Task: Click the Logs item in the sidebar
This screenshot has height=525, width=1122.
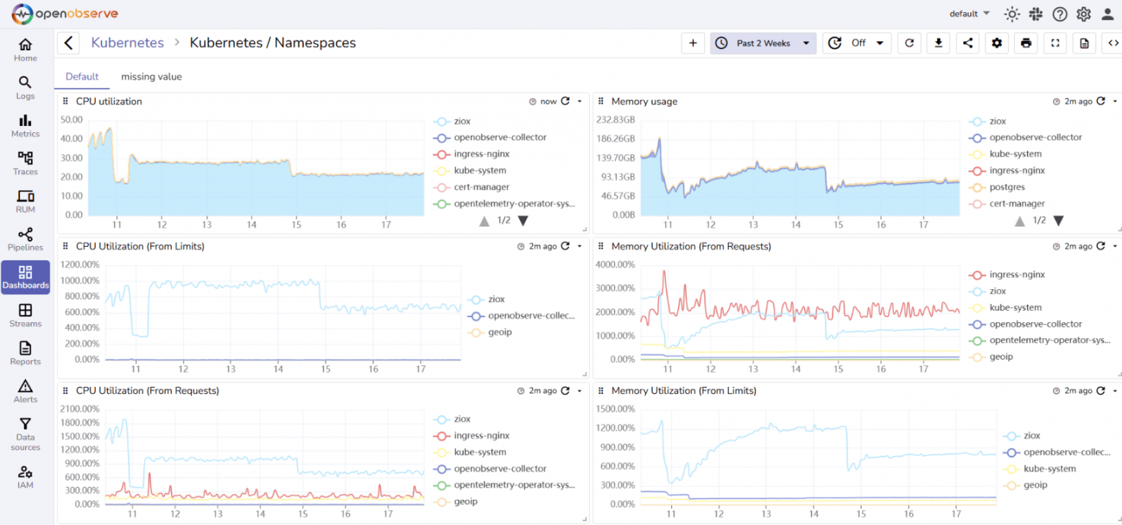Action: click(25, 88)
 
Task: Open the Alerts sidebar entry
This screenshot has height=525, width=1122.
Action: click(25, 391)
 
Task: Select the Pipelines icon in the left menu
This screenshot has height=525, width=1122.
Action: click(25, 239)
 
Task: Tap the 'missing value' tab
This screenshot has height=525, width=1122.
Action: click(151, 76)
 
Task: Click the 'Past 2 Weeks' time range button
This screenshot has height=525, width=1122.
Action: click(763, 43)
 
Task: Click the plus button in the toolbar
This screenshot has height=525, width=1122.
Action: click(693, 43)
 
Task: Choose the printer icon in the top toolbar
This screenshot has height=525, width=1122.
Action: click(1026, 43)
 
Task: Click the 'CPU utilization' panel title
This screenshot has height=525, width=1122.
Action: click(109, 101)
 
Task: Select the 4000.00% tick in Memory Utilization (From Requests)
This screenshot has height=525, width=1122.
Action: click(615, 265)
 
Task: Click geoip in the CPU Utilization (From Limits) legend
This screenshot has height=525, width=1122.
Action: click(500, 332)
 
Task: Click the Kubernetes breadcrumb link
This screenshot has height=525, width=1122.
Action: click(127, 42)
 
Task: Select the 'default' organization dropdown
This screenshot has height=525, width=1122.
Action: click(969, 14)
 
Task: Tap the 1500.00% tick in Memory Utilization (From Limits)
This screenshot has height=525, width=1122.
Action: click(615, 409)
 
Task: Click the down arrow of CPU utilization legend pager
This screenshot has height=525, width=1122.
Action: click(523, 221)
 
